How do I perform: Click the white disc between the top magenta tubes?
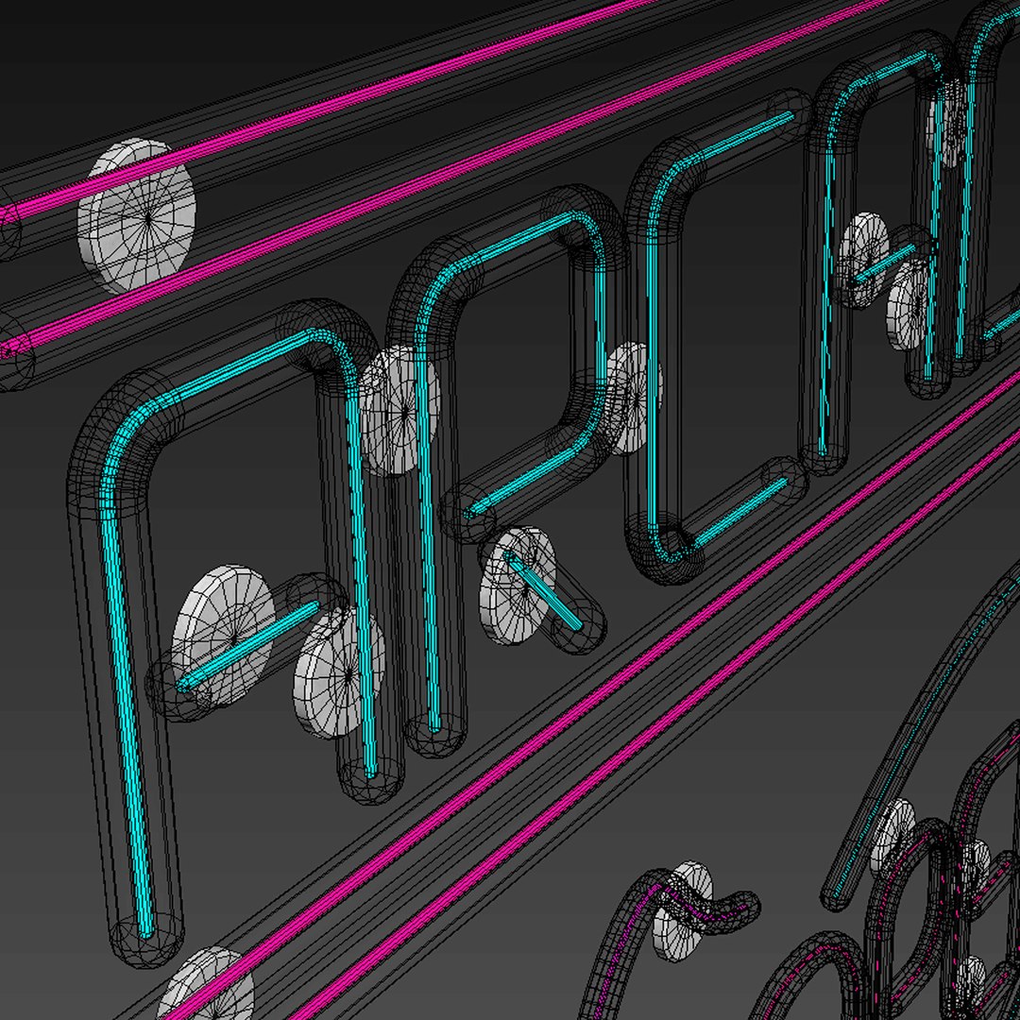[x=136, y=216]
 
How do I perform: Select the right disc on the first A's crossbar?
[x=339, y=671]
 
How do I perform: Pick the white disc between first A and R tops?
[x=399, y=408]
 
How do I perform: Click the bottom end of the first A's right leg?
[x=371, y=778]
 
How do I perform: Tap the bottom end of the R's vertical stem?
[x=434, y=731]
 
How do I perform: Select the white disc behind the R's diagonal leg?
[x=517, y=586]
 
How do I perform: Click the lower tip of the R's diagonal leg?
[x=578, y=625]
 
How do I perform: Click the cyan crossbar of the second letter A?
[x=883, y=264]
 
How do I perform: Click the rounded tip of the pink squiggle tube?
[x=746, y=905]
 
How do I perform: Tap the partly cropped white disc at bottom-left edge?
[x=206, y=987]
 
